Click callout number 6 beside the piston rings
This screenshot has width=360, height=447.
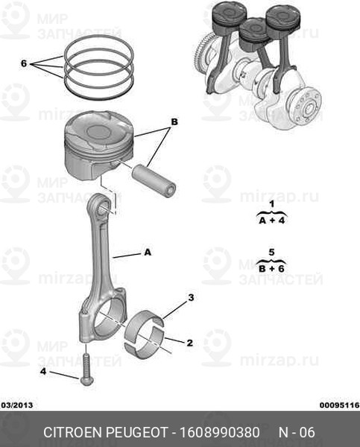24,63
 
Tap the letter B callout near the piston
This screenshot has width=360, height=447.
174,122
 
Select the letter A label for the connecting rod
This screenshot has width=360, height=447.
148,253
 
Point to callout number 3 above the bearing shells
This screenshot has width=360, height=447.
191,297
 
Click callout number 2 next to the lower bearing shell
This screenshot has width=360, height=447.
190,343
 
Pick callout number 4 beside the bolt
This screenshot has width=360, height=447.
42,372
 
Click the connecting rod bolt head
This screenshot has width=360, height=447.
85,381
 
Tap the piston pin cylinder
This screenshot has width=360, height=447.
154,181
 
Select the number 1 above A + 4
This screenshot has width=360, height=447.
272,204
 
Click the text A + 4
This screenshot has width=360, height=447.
272,221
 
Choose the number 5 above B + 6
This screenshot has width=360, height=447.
271,253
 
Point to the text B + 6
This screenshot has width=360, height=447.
271,268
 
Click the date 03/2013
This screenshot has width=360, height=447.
17,405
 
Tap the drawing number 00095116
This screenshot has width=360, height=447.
339,405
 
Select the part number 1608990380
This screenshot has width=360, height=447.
219,432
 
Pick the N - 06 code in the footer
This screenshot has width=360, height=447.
297,432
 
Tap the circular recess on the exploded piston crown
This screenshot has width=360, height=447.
98,132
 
